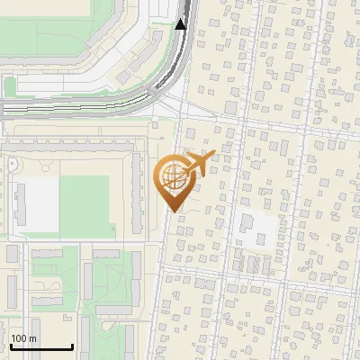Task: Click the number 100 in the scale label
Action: tap(19, 338)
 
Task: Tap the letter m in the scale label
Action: tap(32, 338)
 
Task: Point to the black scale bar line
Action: tap(41, 346)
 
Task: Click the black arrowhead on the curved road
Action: tap(180, 23)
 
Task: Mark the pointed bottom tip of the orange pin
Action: tap(173, 211)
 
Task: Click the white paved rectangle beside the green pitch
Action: tap(39, 201)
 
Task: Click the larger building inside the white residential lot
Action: tap(247, 222)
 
